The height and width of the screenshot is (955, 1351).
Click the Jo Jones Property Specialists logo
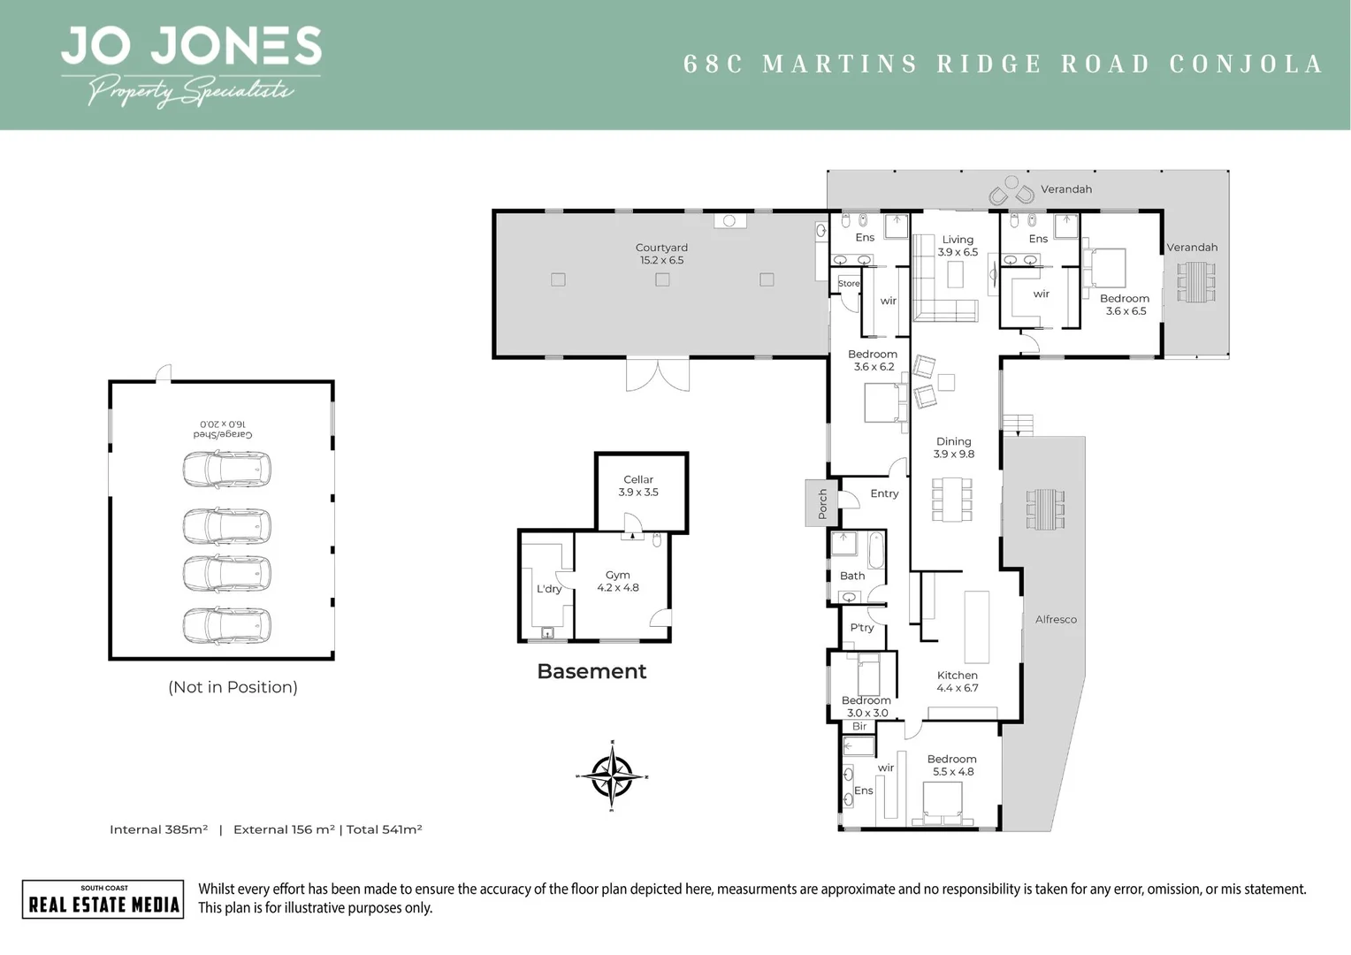pos(190,66)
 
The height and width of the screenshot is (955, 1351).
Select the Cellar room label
pos(638,485)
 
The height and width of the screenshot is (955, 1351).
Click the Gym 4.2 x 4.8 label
pos(617,581)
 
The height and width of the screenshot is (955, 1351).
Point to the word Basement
pos(592,671)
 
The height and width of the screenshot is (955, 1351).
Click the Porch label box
pos(821,503)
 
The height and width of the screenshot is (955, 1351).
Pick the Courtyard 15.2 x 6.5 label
pos(661,254)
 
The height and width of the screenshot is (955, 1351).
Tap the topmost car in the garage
pos(226,470)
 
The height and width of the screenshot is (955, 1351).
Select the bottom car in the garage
pos(226,625)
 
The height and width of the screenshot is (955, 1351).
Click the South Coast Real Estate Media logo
pos(103,899)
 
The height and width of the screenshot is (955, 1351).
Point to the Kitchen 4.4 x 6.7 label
pos(957,681)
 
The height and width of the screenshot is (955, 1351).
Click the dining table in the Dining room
pos(952,500)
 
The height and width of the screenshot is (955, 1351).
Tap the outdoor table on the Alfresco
pos(1045,508)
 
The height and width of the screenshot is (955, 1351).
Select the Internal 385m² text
pos(159,829)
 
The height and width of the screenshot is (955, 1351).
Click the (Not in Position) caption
pos(233,687)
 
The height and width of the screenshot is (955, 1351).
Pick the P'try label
pos(861,628)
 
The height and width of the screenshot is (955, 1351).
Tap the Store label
pos(848,284)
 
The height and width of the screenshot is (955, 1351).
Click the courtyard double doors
pos(658,374)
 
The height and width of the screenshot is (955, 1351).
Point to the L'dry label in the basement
pos(549,589)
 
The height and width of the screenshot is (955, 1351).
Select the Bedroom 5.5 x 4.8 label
pos(952,765)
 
